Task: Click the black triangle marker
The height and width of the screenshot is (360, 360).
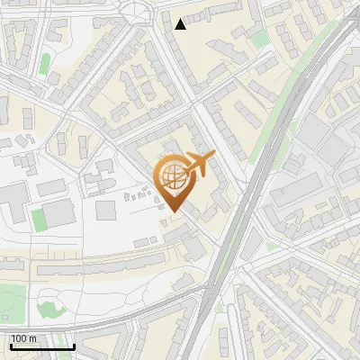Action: click(x=181, y=24)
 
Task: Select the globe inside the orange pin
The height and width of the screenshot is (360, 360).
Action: click(x=172, y=176)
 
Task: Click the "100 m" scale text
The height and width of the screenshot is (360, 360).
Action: click(x=23, y=338)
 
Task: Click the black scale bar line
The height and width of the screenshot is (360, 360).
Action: click(x=41, y=346)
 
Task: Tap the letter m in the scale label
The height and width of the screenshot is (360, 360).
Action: click(x=32, y=338)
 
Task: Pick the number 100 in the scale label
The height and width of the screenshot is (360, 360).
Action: click(x=19, y=338)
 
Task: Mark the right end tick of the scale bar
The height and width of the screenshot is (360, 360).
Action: click(x=74, y=344)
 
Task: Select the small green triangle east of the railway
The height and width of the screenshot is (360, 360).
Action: click(x=272, y=246)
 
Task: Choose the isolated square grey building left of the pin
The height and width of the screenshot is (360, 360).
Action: click(x=106, y=210)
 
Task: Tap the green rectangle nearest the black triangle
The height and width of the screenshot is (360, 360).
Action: click(x=260, y=40)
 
